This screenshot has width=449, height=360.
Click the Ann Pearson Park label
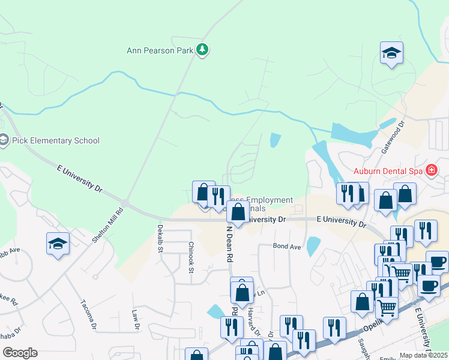(x=160, y=50)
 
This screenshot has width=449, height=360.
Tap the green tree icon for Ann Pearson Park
(x=203, y=50)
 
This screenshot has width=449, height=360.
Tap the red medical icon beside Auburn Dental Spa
(x=431, y=170)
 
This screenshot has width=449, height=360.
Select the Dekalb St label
(x=160, y=238)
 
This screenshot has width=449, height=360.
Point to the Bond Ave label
(x=287, y=246)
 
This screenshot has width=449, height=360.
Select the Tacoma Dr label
(x=88, y=314)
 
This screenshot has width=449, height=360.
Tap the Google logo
(x=20, y=353)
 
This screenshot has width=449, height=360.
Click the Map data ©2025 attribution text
(x=424, y=355)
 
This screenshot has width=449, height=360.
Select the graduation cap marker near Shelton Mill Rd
(x=58, y=244)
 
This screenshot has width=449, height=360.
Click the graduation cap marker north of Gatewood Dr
(x=391, y=53)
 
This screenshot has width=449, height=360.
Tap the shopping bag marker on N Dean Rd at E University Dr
(x=238, y=212)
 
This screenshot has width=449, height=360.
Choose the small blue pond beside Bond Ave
(x=313, y=246)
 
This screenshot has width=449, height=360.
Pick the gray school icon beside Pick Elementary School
(x=3, y=141)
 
